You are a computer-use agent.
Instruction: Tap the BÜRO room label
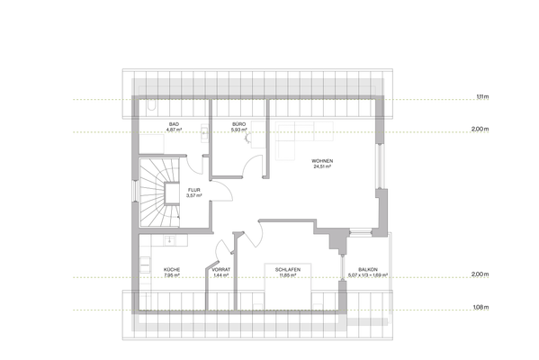(x=238, y=123)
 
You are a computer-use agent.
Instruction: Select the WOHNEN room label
(x=322, y=160)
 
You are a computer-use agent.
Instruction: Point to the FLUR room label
(x=193, y=189)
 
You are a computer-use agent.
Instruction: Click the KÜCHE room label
(x=171, y=269)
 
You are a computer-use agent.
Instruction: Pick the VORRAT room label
(x=221, y=269)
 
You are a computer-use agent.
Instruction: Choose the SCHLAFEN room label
(x=288, y=269)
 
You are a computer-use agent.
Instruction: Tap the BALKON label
(x=368, y=269)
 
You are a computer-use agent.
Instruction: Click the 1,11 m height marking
(x=482, y=96)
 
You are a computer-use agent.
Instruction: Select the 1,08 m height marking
(x=482, y=308)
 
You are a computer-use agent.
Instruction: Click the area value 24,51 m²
(x=322, y=166)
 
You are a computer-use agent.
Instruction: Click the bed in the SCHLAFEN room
(x=288, y=292)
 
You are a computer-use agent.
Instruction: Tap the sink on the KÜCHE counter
(x=144, y=266)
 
